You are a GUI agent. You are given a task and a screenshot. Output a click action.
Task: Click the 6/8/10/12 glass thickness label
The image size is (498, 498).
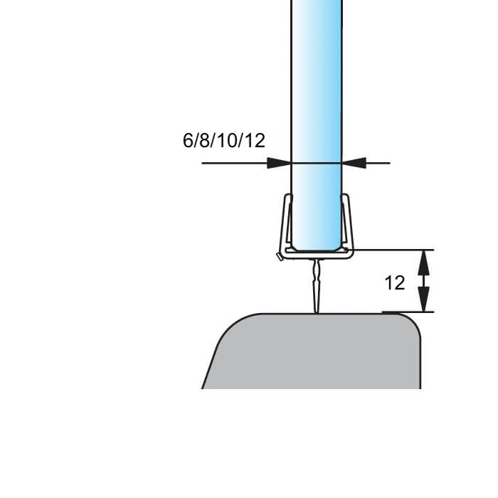(224, 140)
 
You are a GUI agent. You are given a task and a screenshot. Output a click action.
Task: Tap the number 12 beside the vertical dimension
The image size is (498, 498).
(395, 283)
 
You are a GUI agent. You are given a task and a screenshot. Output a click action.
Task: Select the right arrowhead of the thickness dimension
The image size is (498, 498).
(354, 163)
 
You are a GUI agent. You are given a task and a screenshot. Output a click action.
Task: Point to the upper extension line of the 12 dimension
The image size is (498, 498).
(398, 250)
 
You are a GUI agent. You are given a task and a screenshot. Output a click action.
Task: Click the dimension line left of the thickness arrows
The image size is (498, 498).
(235, 163)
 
